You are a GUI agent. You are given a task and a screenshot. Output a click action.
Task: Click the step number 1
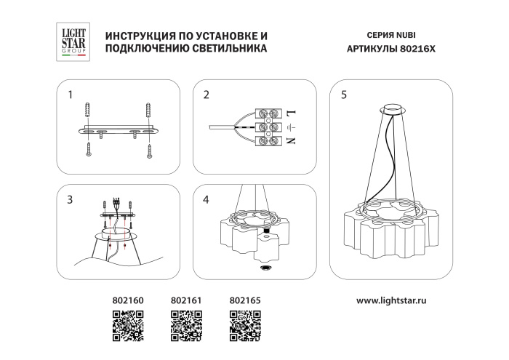[70, 95]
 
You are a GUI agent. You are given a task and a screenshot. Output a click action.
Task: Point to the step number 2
[207, 95]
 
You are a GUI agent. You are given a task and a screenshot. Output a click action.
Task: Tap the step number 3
[70, 199]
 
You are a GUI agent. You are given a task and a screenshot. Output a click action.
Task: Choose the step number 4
[207, 199]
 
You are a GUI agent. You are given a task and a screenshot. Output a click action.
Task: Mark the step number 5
[343, 95]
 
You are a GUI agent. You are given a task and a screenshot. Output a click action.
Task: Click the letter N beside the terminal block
[290, 140]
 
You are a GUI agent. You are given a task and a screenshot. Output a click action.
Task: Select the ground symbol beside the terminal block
[290, 127]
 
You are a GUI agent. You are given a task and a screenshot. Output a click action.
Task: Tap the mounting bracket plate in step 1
[118, 131]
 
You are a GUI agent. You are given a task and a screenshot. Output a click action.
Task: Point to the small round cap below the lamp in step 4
[263, 268]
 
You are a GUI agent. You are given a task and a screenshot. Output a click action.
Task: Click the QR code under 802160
[127, 324]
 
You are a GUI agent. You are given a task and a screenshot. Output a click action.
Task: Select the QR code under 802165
[244, 324]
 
